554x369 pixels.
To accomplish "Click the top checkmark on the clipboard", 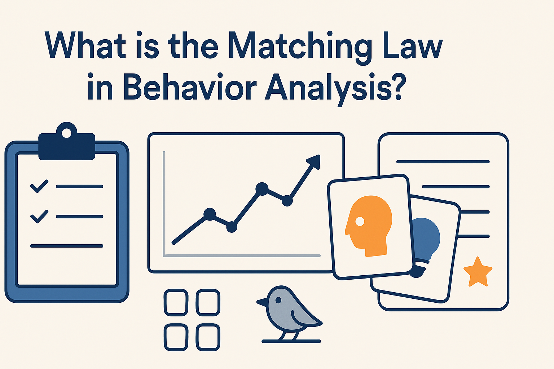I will tap(39, 186).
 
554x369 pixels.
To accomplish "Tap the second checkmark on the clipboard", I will tap(39, 216).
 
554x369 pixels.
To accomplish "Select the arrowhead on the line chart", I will tap(314, 161).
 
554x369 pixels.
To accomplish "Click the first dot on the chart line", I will tap(209, 214).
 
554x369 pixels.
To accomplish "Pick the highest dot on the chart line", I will tap(262, 188).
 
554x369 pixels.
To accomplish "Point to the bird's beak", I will tap(261, 301).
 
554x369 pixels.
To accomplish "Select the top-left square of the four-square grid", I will tap(176, 302).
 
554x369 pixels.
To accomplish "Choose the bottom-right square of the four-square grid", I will tap(208, 337).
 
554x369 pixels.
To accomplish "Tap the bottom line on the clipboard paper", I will tap(67, 246).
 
